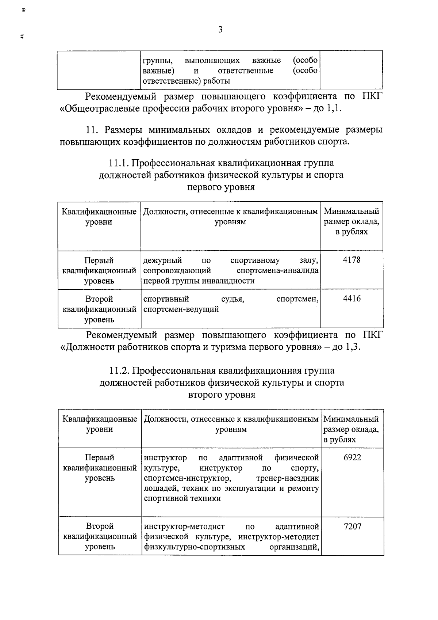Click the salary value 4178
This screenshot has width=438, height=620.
[351, 260]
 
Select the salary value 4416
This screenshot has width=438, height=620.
[352, 299]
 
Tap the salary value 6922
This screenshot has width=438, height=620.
[352, 457]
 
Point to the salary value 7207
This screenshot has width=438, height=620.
[353, 526]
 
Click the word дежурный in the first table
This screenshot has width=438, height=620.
[162, 260]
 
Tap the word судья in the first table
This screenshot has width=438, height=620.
[233, 299]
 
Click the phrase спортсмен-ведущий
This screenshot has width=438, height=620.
[181, 309]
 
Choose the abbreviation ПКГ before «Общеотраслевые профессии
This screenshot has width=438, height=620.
[373, 96]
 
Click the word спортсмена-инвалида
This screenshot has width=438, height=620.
[277, 271]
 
